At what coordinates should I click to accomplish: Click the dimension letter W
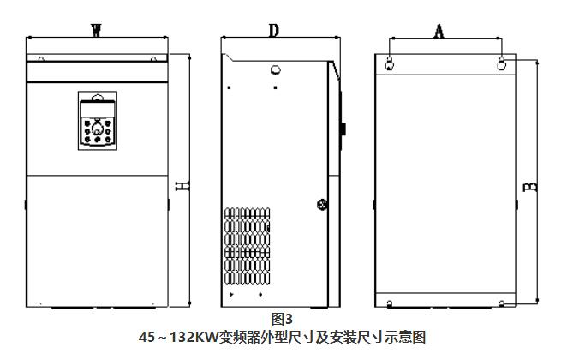[x=96, y=30]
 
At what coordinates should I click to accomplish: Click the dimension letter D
[x=274, y=31]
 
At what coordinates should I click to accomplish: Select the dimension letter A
[x=439, y=31]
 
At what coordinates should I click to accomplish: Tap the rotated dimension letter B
[x=530, y=185]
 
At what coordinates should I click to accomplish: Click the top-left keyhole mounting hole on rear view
[x=391, y=63]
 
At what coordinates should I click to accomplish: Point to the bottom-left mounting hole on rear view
[x=391, y=303]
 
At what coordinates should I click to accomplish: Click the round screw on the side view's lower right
[x=322, y=205]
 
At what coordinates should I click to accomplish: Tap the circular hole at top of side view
[x=275, y=70]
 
